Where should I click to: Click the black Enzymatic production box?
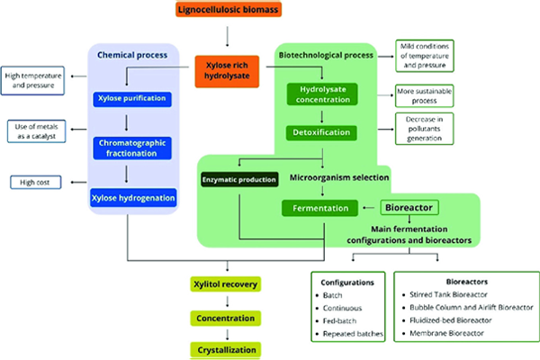[x=238, y=181]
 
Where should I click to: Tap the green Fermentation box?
[x=321, y=209]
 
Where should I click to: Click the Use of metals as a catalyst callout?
[x=36, y=131]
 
